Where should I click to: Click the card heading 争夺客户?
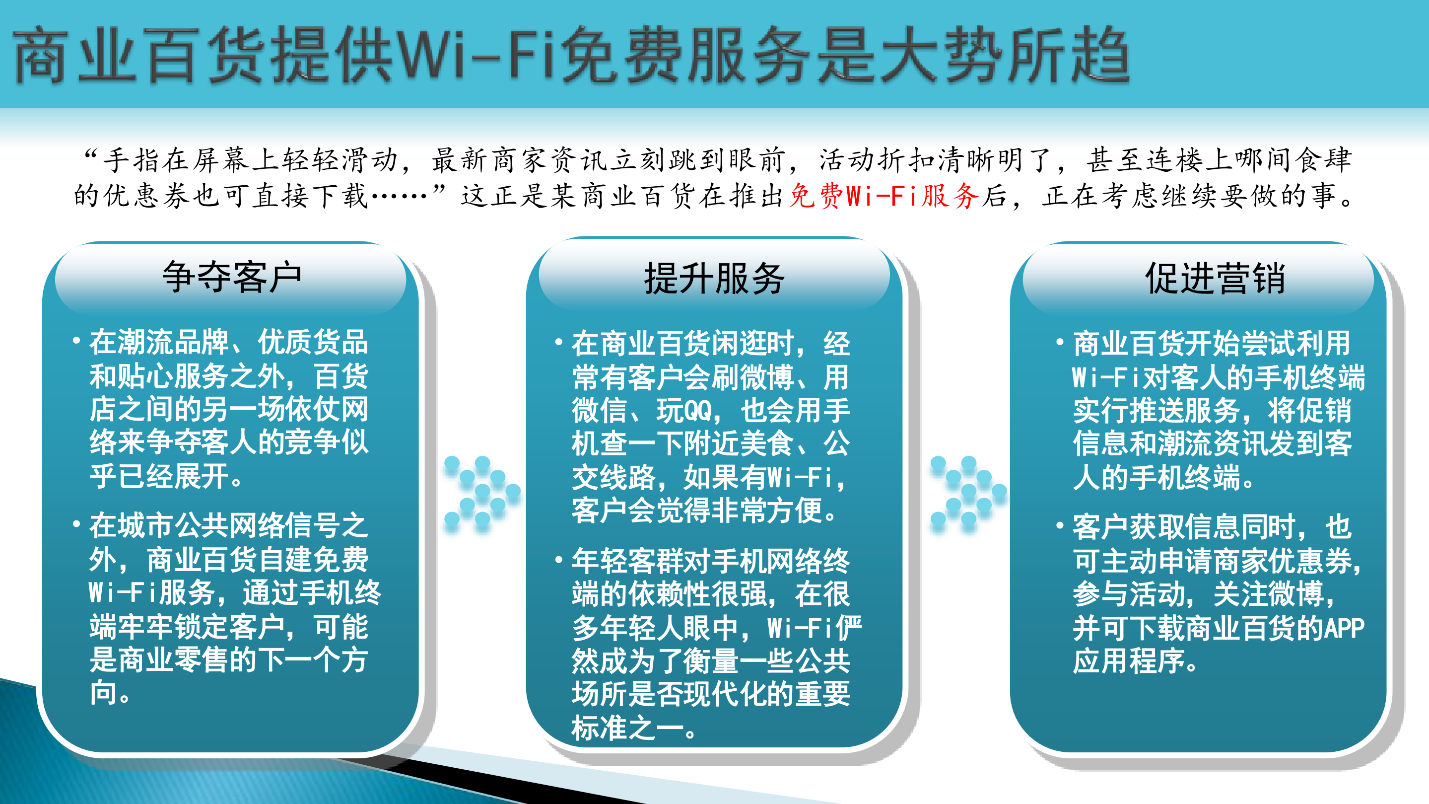click(x=232, y=277)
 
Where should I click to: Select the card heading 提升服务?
click(x=714, y=278)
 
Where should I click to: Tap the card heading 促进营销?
click(x=1215, y=278)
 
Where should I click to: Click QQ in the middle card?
click(x=697, y=411)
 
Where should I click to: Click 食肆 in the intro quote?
click(x=1323, y=160)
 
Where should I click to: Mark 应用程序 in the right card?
click(x=1128, y=661)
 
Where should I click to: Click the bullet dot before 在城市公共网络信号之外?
click(x=76, y=524)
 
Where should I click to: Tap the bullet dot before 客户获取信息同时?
click(x=1060, y=524)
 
